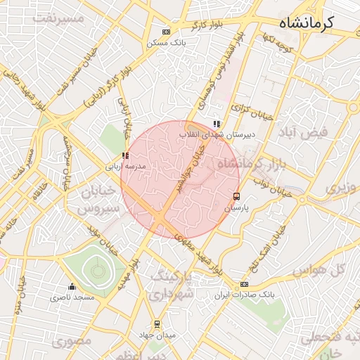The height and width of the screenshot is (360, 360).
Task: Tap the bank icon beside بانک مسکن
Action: click(166, 32)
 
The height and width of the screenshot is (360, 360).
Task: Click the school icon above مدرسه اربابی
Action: click(125, 155)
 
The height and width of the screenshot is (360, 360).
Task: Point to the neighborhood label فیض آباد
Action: click(304, 133)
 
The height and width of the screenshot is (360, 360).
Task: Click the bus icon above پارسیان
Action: click(236, 197)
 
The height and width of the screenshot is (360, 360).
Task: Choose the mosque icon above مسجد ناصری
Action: click(71, 286)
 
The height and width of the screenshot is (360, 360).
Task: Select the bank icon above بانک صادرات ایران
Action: click(244, 284)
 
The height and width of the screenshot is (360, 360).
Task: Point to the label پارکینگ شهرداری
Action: click(171, 284)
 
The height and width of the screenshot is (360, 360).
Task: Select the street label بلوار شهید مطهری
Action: click(201, 252)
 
